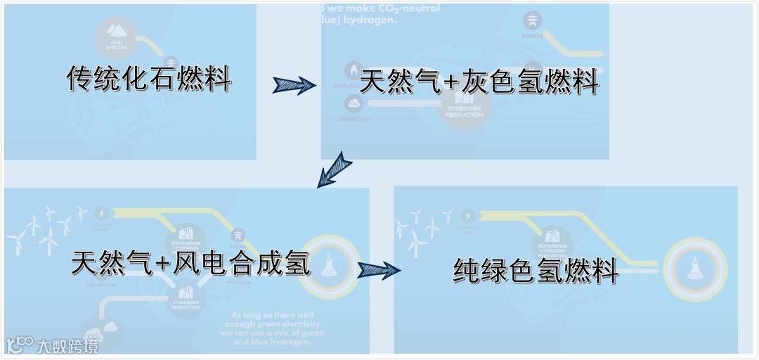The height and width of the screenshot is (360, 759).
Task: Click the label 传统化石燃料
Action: click(149, 79)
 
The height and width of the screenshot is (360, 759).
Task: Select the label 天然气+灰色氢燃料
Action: click(479, 82)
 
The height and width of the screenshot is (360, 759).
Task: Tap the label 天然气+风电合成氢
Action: click(190, 263)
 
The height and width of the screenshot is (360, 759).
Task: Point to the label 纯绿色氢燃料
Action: click(536, 270)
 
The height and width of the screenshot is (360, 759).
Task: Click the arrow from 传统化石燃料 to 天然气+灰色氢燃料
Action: click(293, 85)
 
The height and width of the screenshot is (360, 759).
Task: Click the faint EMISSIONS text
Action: click(353, 119)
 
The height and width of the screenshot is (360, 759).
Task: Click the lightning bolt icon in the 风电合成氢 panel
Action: click(102, 212)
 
